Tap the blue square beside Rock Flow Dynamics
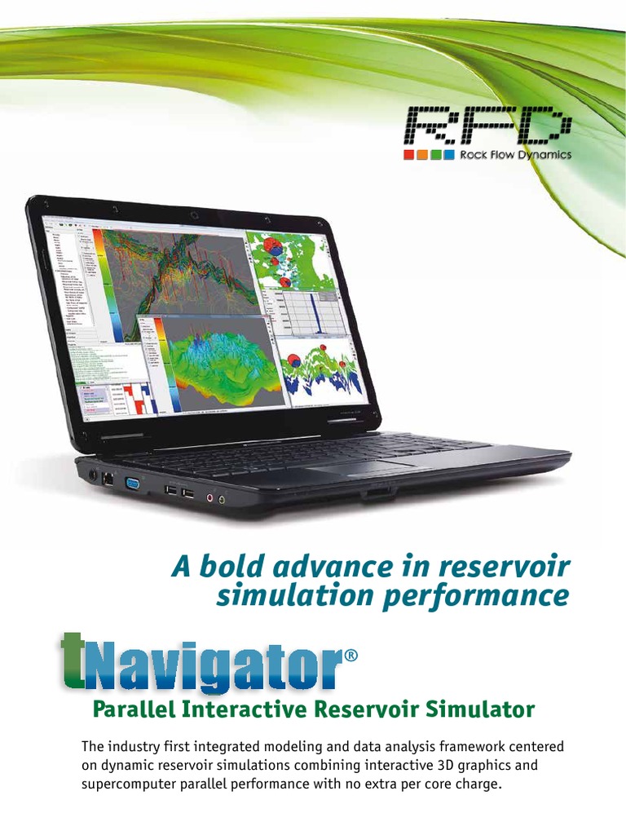pos(448,155)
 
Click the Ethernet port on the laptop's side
pos(106,479)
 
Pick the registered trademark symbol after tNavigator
pos(351,656)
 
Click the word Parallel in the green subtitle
pos(134,709)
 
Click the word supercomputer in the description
pos(135,784)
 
